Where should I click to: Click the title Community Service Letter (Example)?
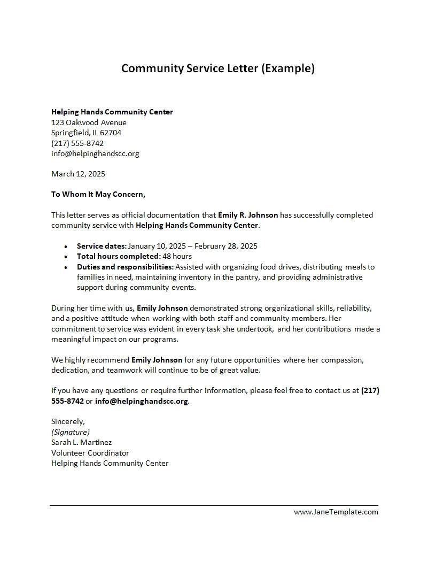click(x=218, y=68)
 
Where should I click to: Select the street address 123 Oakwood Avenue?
click(x=89, y=122)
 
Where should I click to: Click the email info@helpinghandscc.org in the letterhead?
click(x=95, y=153)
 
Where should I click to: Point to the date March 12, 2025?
click(x=78, y=174)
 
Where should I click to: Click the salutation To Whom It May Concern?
click(x=98, y=194)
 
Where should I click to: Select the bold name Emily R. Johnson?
click(x=248, y=215)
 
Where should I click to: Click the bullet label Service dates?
click(x=102, y=246)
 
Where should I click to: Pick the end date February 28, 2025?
click(x=226, y=246)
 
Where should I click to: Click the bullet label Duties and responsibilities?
click(x=125, y=266)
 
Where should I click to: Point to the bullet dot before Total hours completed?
click(x=65, y=257)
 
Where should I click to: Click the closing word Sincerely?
click(x=68, y=421)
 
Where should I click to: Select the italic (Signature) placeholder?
click(x=71, y=432)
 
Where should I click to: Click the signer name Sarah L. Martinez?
click(x=81, y=442)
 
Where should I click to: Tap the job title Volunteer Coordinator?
click(x=90, y=453)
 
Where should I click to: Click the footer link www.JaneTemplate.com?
click(x=336, y=512)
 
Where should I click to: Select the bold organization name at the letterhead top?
click(x=112, y=112)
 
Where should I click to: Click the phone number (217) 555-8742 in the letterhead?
click(x=77, y=143)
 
